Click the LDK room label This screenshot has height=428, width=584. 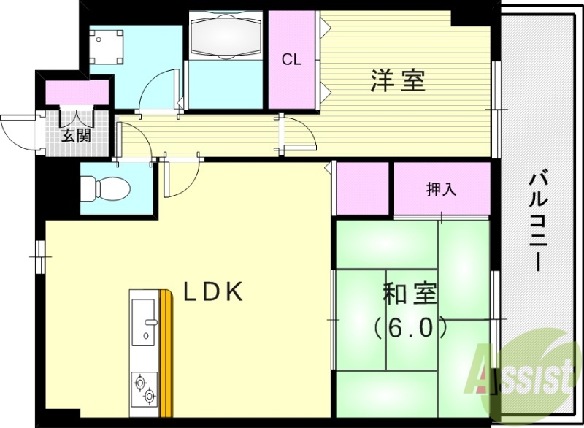tap(212, 292)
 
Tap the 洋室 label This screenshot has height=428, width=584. tap(398, 81)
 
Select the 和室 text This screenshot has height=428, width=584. tap(410, 296)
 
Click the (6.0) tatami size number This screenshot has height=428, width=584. tap(410, 328)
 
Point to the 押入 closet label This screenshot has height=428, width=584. tap(442, 189)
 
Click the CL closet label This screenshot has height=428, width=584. tap(293, 61)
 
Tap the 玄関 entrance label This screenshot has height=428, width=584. tap(76, 135)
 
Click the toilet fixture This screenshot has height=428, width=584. tap(105, 188)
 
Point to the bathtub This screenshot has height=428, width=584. tap(226, 36)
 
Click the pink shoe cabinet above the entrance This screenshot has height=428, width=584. tap(77, 93)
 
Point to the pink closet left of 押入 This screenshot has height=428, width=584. tap(362, 188)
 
